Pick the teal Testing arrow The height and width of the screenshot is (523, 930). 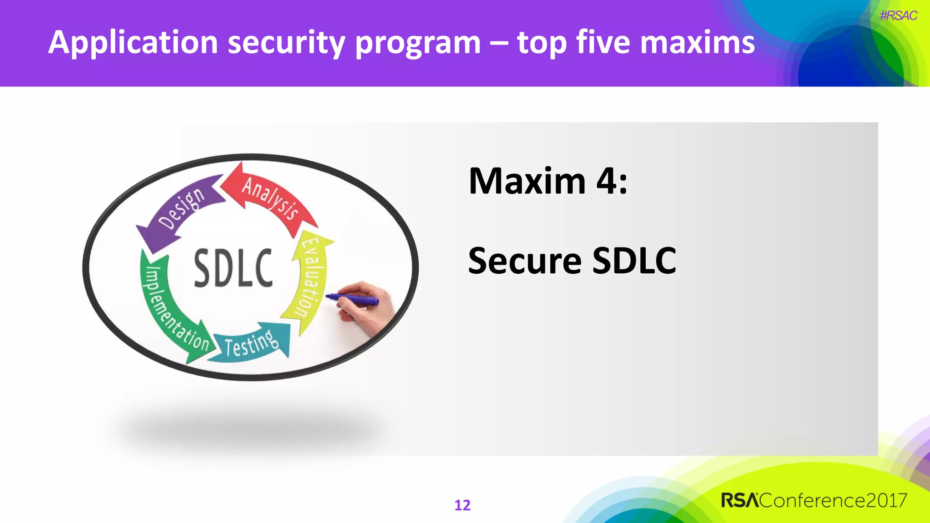(252, 343)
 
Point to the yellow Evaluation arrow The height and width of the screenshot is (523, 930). (311, 277)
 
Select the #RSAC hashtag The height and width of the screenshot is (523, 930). (898, 16)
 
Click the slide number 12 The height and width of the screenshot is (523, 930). (462, 505)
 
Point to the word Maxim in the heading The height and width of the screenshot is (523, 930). (527, 181)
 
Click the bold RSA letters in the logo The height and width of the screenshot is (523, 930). (740, 500)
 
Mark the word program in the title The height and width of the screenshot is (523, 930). (417, 43)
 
